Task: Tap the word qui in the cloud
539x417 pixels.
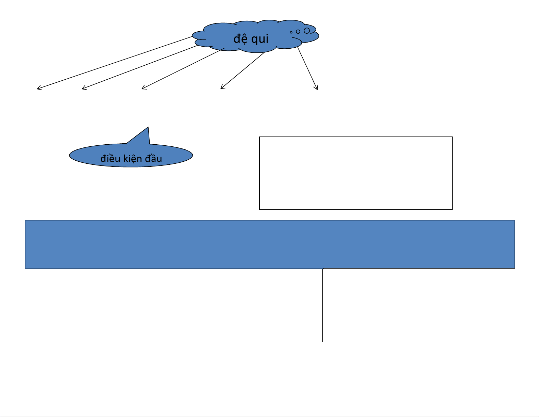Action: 260,39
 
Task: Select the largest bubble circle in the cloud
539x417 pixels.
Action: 307,31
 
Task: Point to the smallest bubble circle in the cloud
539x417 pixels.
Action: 291,32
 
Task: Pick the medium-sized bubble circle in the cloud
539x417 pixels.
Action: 298,32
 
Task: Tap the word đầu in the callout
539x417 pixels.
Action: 153,159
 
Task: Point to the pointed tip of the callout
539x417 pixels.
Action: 148,128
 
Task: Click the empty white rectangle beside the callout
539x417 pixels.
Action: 356,173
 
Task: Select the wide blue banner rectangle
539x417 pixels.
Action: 270,244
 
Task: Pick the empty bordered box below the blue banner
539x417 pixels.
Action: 418,305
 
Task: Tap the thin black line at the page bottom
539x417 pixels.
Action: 269,416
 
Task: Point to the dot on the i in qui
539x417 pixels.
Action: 267,34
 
